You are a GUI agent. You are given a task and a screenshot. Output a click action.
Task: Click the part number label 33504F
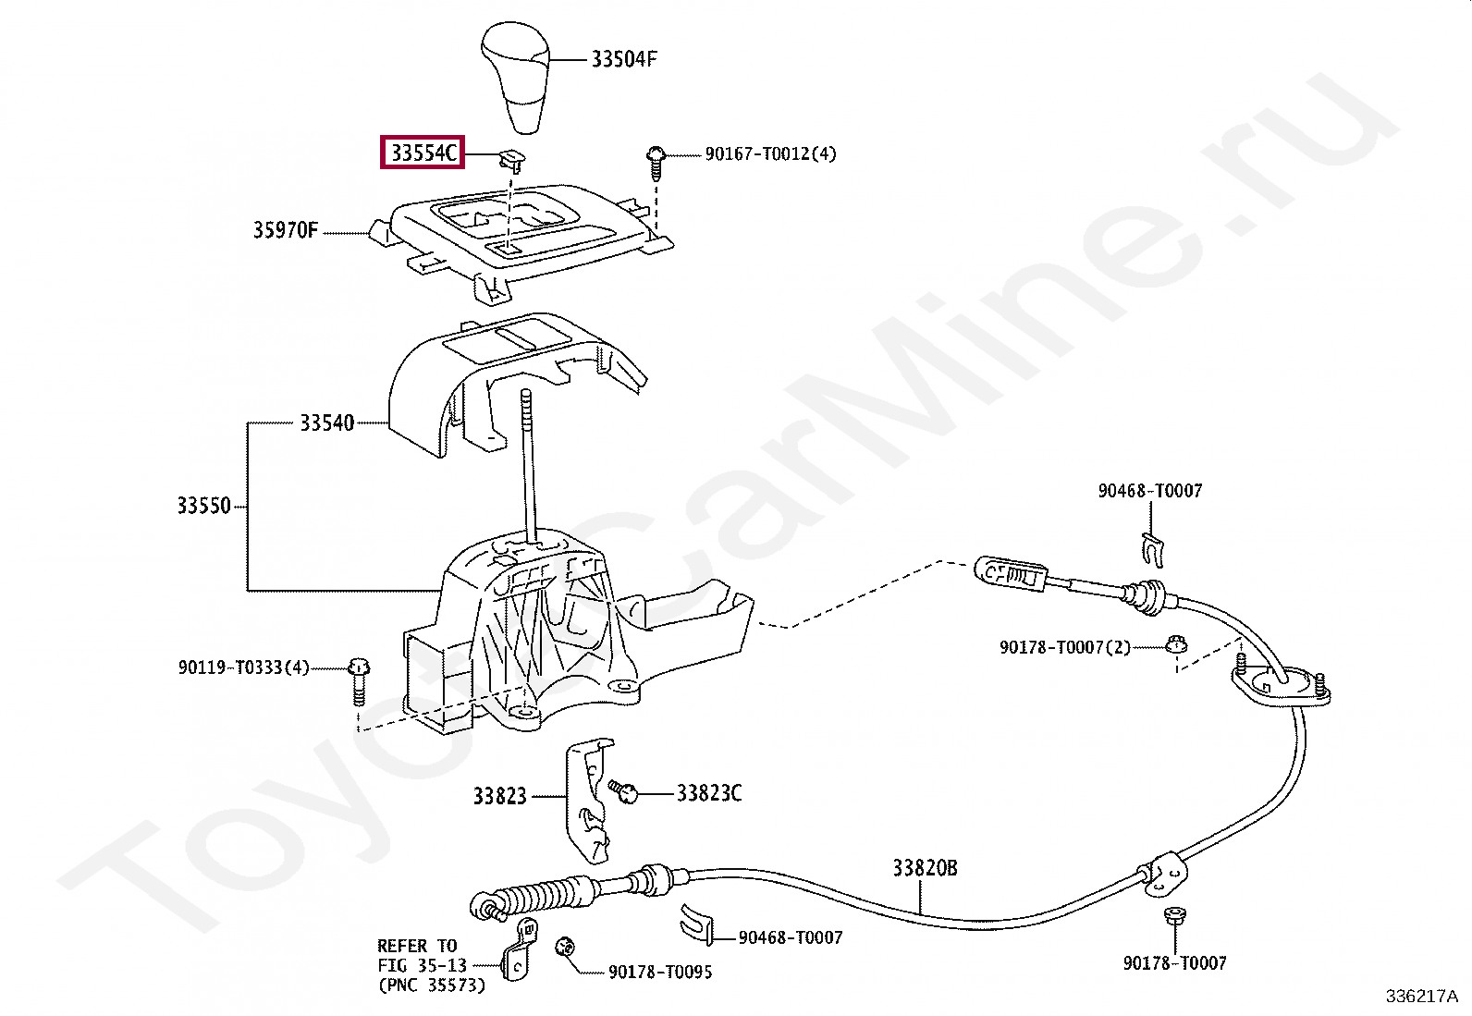point(623,59)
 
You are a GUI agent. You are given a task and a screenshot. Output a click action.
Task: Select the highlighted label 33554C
point(423,153)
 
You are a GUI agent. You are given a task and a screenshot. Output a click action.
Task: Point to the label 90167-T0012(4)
point(770,153)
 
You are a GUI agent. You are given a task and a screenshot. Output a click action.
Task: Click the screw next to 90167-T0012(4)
point(656,163)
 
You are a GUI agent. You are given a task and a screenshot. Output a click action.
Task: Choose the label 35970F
point(285,230)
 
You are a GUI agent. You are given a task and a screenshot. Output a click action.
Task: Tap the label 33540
point(326,422)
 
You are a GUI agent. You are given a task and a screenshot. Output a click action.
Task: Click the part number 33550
point(203,506)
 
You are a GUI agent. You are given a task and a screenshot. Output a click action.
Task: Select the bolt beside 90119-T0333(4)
point(359,680)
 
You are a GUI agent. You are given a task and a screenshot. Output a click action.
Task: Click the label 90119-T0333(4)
point(243,667)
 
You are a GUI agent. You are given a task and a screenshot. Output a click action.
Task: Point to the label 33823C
point(709,793)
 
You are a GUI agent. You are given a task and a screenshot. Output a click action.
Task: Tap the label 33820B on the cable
point(925,868)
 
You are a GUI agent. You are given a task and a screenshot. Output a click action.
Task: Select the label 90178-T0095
point(660,972)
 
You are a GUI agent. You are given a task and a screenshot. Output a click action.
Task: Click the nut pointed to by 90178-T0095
point(565,948)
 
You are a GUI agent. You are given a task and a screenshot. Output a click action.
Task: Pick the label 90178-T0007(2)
point(1064,647)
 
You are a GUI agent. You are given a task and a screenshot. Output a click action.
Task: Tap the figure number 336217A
point(1422,997)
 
